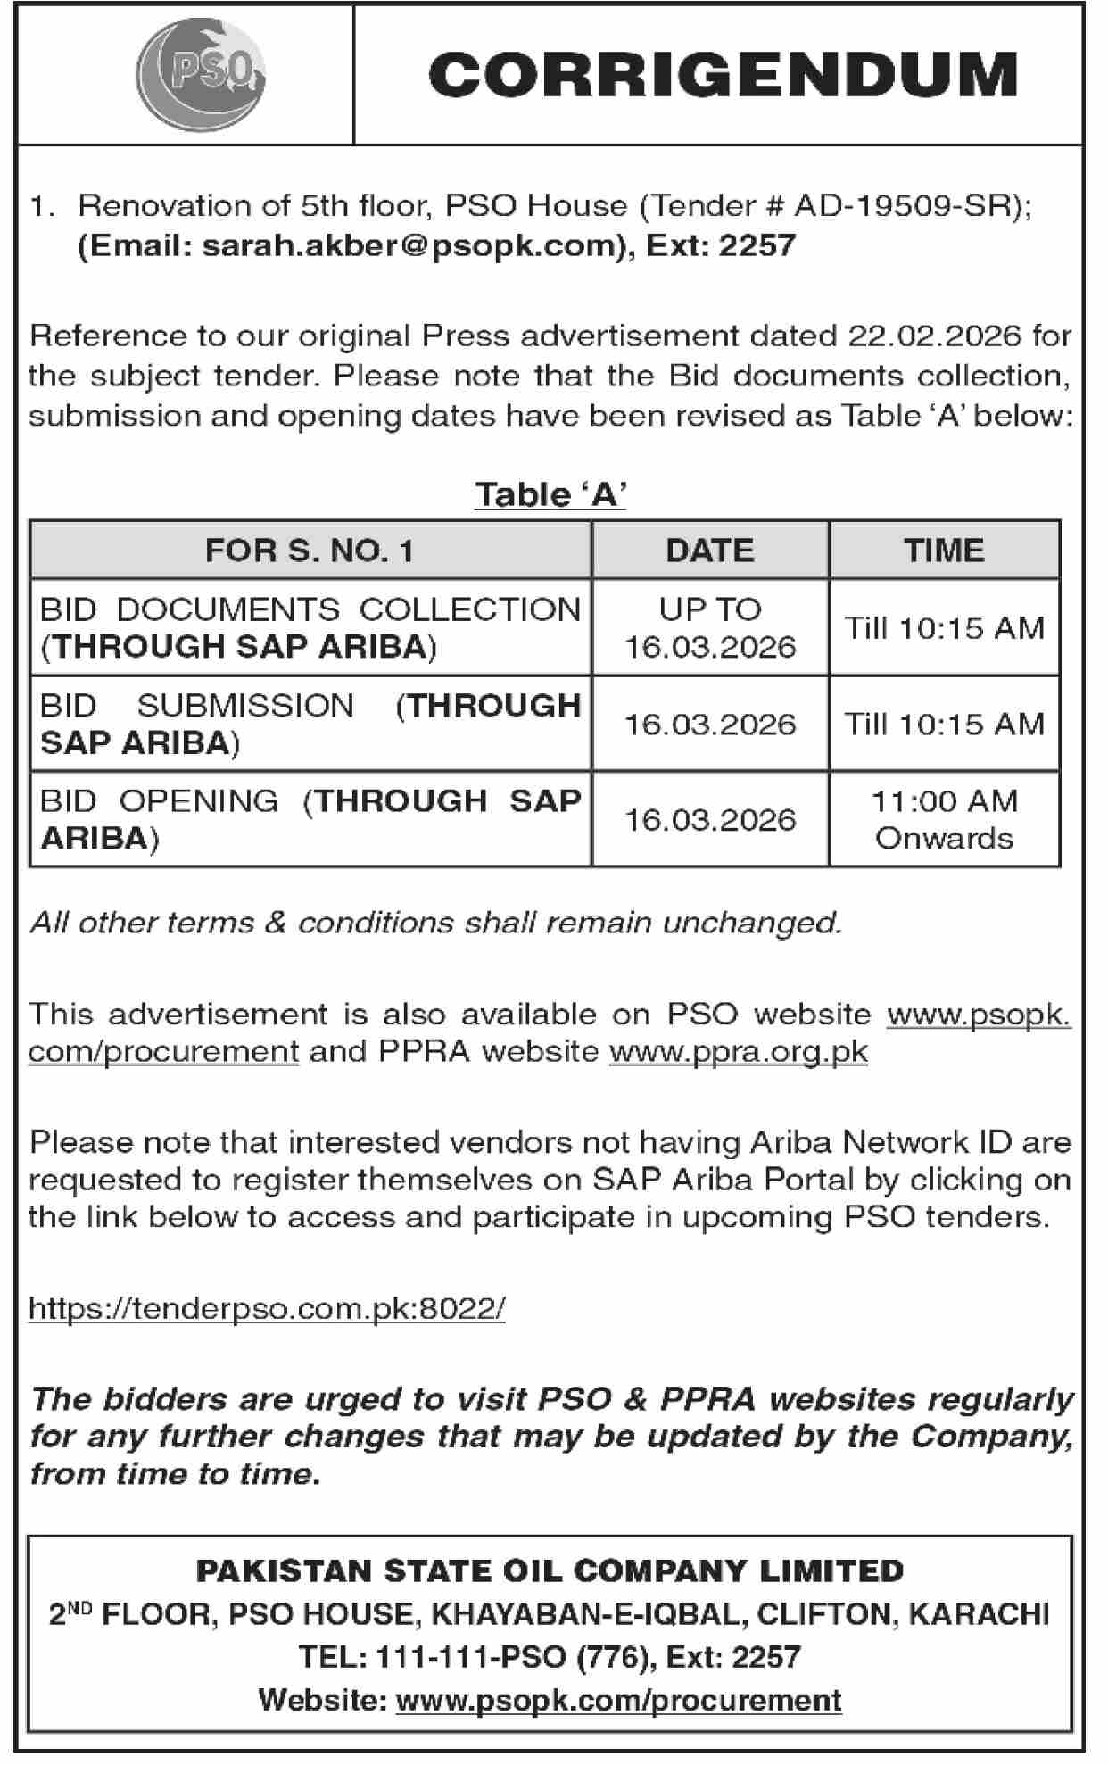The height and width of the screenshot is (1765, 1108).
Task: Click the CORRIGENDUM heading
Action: [x=722, y=75]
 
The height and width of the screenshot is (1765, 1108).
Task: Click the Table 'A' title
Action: [x=550, y=494]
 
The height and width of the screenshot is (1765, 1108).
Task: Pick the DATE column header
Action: [x=709, y=551]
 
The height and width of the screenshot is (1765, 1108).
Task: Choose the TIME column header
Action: [x=944, y=551]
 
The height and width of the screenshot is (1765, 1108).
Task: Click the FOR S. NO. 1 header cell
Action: [x=310, y=551]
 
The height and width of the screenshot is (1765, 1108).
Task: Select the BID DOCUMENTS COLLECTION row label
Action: [x=310, y=627]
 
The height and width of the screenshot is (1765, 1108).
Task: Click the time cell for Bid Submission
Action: [x=944, y=724]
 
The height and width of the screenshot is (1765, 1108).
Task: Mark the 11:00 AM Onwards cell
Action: [x=944, y=819]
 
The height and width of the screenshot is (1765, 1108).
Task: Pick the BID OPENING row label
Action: [x=310, y=819]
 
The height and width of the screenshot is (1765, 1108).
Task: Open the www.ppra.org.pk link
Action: [x=738, y=1051]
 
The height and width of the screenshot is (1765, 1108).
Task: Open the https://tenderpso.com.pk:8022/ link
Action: [x=267, y=1308]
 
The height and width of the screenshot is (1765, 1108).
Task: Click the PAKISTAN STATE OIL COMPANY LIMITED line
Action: [x=550, y=1571]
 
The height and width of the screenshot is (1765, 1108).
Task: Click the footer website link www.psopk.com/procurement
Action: [x=618, y=1700]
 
